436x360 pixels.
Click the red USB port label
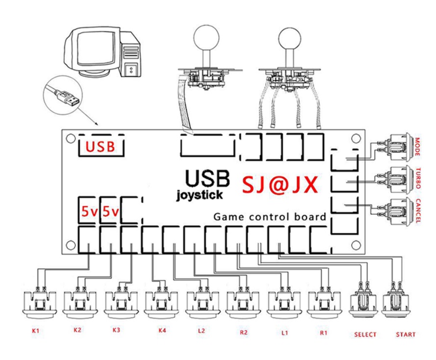(101, 147)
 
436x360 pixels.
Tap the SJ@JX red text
(281, 185)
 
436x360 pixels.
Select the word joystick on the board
(199, 195)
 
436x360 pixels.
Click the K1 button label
(35, 332)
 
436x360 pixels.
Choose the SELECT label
(365, 334)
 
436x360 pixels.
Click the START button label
(406, 334)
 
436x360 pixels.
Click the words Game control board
(270, 217)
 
